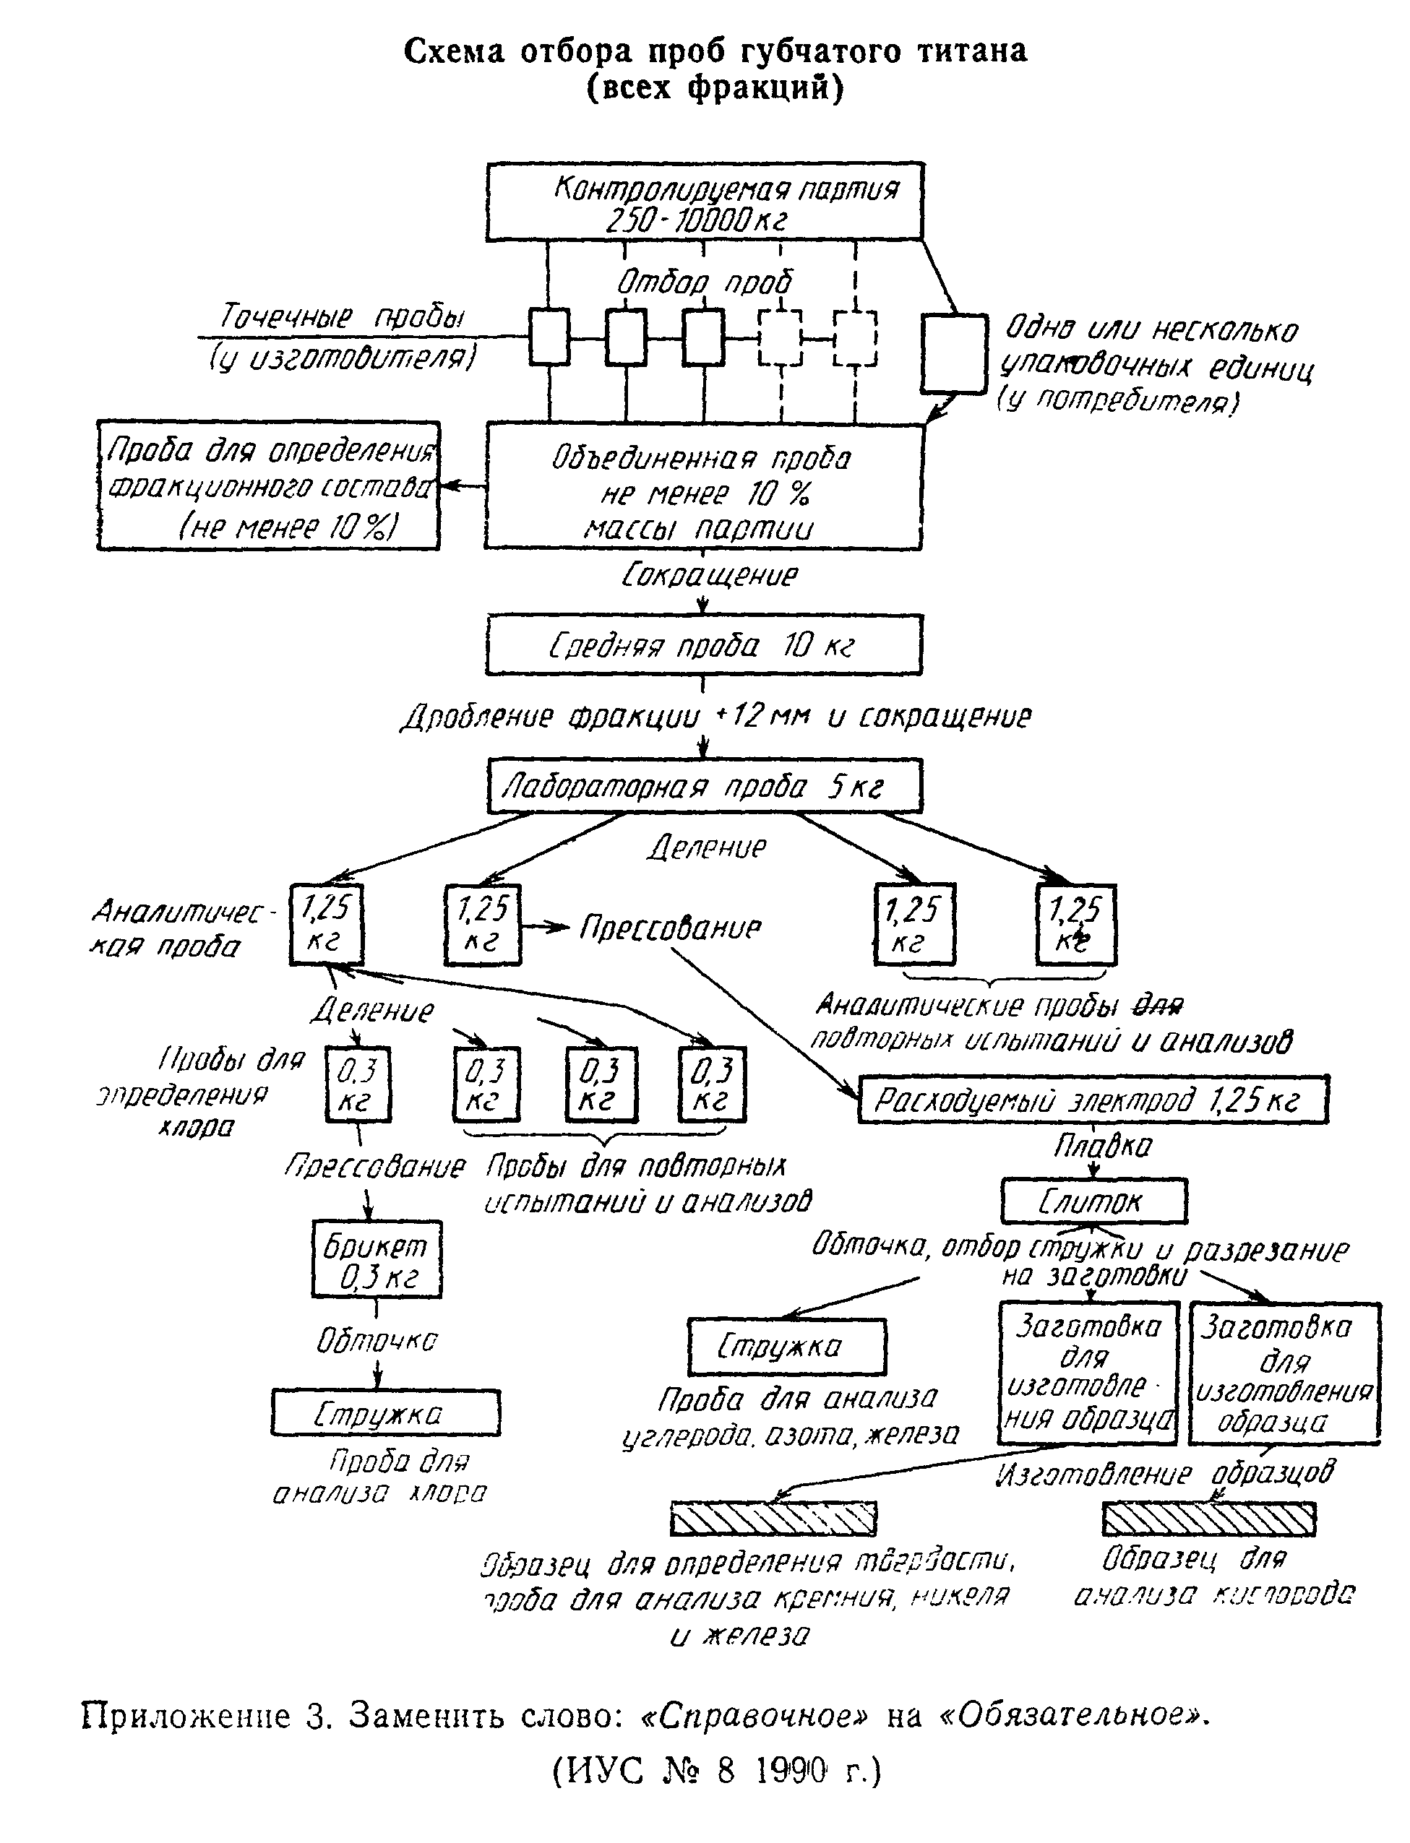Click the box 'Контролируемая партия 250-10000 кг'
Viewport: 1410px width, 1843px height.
(705, 202)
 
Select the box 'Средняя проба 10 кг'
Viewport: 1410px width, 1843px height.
(703, 645)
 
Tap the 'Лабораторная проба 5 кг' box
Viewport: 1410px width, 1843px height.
(705, 786)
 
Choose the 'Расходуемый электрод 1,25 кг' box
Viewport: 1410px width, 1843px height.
(1093, 1099)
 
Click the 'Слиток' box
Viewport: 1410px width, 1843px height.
(1093, 1201)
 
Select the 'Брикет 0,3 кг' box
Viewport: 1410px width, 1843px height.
(377, 1259)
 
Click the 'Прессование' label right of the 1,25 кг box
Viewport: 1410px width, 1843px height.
(670, 927)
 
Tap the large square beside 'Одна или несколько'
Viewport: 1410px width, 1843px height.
(953, 353)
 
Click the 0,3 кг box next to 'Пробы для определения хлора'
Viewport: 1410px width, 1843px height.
(358, 1084)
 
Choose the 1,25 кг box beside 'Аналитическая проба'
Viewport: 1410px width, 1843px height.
(327, 923)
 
